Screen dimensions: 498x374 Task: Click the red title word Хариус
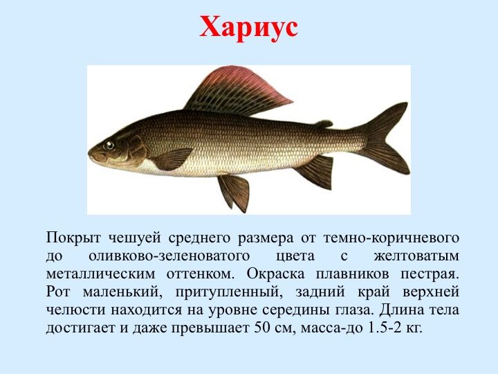pos(249,27)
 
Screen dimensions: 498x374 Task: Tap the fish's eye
pos(109,145)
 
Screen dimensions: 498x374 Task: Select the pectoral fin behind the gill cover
pos(173,159)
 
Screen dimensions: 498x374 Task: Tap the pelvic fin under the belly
pos(234,193)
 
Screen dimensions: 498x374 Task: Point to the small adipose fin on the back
pos(324,124)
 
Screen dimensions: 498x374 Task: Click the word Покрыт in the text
pos(73,238)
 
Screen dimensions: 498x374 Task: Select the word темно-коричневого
pos(391,238)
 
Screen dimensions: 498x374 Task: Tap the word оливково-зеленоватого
pos(169,256)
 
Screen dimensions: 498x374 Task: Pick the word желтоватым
pos(416,256)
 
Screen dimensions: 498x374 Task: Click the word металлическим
pos(100,274)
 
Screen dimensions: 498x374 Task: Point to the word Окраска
pos(276,274)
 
